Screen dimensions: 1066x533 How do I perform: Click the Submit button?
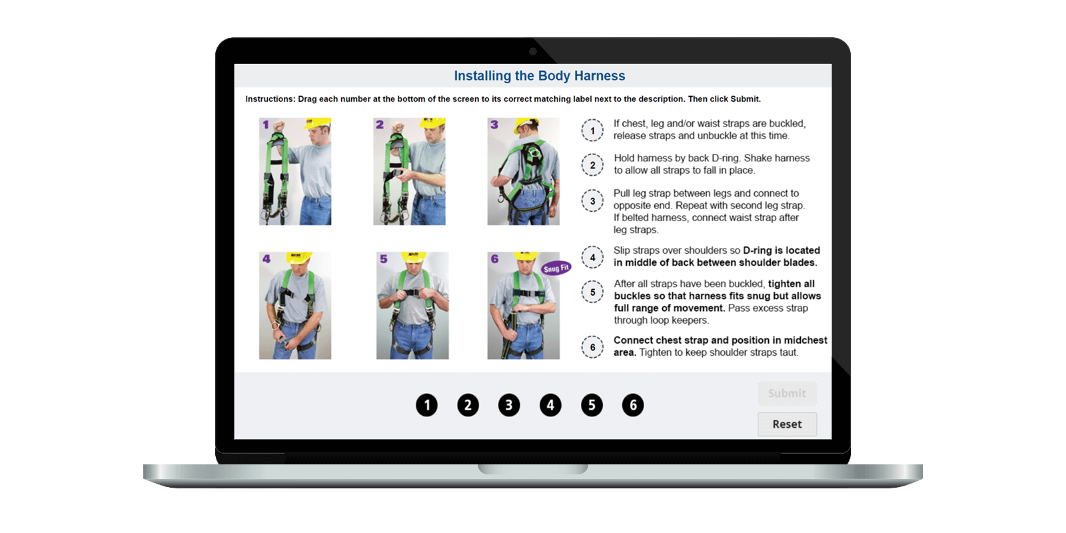[x=787, y=393]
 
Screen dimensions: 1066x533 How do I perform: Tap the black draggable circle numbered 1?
[x=427, y=405]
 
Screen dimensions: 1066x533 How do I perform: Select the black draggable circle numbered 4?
[x=550, y=405]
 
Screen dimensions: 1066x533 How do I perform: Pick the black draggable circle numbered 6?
[x=633, y=405]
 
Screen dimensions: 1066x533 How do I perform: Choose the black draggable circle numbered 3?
[x=509, y=405]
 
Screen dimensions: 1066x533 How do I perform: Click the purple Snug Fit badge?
[x=556, y=268]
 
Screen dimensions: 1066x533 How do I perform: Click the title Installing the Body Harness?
[x=539, y=76]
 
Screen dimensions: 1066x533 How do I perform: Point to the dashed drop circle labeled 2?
[x=592, y=165]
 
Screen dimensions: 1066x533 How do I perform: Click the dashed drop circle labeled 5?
[x=592, y=292]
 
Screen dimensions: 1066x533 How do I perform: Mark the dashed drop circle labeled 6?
[x=592, y=347]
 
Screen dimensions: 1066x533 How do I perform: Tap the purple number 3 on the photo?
[x=494, y=125]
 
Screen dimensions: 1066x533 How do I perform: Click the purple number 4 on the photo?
[x=266, y=259]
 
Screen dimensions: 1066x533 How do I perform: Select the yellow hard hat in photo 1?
[x=317, y=123]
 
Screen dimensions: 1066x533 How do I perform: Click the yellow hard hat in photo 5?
[x=414, y=257]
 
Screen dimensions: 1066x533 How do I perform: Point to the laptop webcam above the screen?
[x=533, y=51]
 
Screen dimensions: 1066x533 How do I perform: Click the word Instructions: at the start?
[x=270, y=99]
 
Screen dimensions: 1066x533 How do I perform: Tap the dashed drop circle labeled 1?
[x=592, y=131]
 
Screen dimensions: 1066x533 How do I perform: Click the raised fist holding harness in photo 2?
[x=398, y=127]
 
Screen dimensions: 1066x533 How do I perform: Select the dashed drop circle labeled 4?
[x=592, y=257]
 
